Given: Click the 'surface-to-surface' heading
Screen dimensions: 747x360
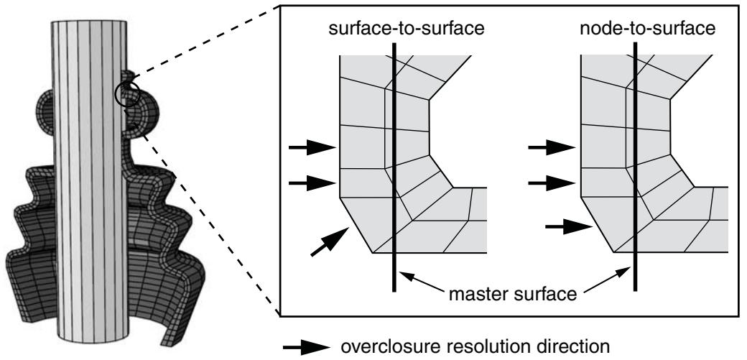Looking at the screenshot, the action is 407,29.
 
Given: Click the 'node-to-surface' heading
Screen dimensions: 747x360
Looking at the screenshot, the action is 647,29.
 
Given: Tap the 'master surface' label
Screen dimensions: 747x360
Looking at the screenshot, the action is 513,294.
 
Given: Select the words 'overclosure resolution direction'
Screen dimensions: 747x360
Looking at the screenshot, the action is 475,346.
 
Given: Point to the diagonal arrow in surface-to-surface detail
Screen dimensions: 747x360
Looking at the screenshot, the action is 330,241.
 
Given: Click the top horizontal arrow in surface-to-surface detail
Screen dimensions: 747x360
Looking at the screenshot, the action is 312,147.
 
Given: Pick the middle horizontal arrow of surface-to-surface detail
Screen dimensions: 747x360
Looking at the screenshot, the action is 312,183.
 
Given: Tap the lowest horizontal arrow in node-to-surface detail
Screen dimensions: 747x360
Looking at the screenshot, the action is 568,227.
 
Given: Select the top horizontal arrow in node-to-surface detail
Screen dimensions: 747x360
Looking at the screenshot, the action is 552,147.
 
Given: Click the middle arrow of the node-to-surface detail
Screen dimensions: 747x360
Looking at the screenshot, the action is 552,183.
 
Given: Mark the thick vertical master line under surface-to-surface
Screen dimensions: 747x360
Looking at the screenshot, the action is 394,167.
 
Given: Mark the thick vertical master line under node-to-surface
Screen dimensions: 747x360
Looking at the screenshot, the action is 635,167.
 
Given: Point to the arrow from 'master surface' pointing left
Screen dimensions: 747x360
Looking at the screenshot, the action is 422,282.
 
